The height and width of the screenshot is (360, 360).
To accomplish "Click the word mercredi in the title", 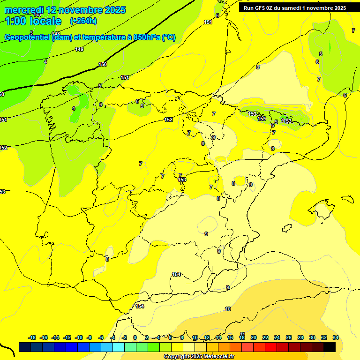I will (24, 10).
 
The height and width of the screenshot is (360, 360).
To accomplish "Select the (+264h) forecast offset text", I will (83, 21).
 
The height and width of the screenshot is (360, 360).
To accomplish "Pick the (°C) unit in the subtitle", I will (169, 37).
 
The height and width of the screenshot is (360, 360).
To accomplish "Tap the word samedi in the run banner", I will (290, 8).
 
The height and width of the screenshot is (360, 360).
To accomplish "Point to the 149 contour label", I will (79, 49).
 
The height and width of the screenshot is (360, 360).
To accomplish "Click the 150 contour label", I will (103, 64).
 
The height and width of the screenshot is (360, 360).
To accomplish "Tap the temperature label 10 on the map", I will (228, 309).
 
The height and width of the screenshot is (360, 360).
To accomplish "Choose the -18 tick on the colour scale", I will (32, 337).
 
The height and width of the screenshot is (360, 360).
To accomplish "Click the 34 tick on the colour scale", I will (336, 337).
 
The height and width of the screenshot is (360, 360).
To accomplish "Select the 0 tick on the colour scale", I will (135, 337).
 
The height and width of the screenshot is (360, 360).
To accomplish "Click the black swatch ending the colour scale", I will (330, 347).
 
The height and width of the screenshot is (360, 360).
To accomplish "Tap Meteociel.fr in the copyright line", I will (216, 356).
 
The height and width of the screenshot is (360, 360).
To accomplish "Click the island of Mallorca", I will (322, 209).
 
